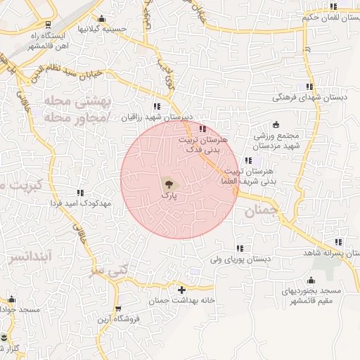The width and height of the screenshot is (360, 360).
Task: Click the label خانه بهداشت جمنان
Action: [x=181, y=301]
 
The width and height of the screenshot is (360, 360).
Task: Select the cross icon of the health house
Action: [x=181, y=289]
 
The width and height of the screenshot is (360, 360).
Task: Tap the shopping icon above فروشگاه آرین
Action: [x=117, y=308]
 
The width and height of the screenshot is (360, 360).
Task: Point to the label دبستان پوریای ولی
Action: [x=240, y=259]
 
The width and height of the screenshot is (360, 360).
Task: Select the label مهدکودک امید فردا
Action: [x=81, y=203]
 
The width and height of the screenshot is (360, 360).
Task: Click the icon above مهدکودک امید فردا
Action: [x=80, y=192]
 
